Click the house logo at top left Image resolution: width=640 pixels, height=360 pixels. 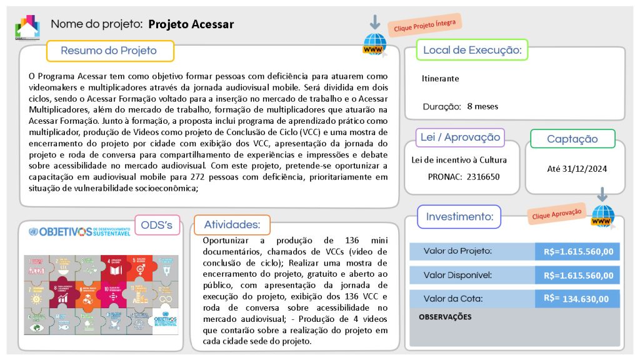(27, 27)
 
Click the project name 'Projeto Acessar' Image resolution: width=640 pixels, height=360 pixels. (191, 24)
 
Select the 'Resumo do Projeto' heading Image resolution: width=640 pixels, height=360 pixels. (109, 51)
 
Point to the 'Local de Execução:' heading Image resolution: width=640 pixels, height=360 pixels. (472, 50)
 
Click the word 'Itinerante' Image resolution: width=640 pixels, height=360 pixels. (440, 79)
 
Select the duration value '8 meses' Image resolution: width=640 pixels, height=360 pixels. (482, 106)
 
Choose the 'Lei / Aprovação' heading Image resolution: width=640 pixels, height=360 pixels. (459, 137)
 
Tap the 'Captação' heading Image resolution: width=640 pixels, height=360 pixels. (572, 139)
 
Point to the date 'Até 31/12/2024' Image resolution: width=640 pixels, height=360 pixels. (577, 169)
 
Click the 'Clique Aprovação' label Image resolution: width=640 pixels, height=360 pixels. (556, 212)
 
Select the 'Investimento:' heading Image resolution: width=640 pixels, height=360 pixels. (459, 217)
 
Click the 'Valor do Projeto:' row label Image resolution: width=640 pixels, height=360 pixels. (457, 251)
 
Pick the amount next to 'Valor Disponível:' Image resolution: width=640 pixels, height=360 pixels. (578, 275)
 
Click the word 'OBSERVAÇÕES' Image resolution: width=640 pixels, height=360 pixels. (445, 317)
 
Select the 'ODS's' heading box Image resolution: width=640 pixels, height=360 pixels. (157, 225)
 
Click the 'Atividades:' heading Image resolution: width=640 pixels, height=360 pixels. (232, 225)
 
